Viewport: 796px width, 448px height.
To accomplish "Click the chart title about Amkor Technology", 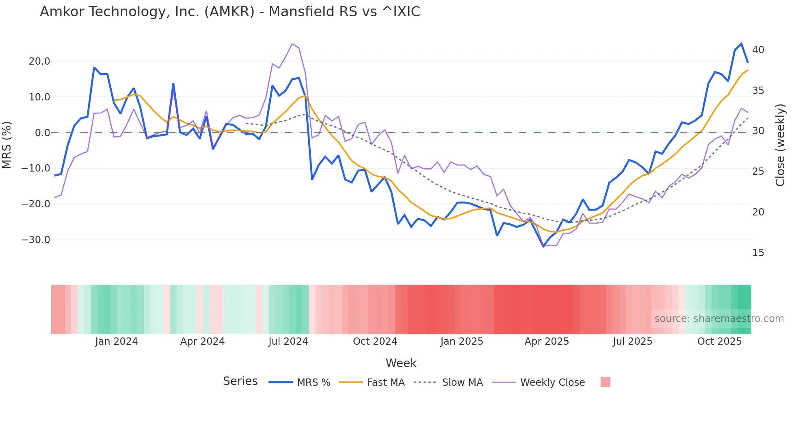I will click(x=230, y=12).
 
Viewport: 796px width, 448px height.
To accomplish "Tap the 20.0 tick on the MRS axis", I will click(x=39, y=61).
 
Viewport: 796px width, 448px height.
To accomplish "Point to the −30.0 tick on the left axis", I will click(x=36, y=240).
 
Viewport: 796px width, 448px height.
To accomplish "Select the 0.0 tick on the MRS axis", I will click(x=42, y=133).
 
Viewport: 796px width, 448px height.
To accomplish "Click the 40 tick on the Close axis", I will click(x=758, y=50).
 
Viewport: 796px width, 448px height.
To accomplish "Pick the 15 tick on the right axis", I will click(x=758, y=253).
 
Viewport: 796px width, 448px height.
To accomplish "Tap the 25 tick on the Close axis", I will click(x=758, y=172).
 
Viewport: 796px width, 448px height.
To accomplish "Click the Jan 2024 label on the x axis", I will click(x=117, y=341).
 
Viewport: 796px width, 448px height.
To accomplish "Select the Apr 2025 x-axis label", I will click(x=547, y=341).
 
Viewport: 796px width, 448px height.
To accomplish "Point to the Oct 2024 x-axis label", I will click(x=375, y=341).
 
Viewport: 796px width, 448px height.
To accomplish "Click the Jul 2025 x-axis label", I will click(x=632, y=341).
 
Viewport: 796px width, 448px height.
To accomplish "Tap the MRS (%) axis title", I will click(x=7, y=145).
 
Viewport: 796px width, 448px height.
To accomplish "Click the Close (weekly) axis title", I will click(x=780, y=145).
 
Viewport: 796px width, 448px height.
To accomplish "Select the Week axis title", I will click(x=401, y=363).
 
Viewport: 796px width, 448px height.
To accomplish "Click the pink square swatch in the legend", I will click(x=605, y=382).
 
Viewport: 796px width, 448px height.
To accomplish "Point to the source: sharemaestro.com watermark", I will click(x=719, y=319).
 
